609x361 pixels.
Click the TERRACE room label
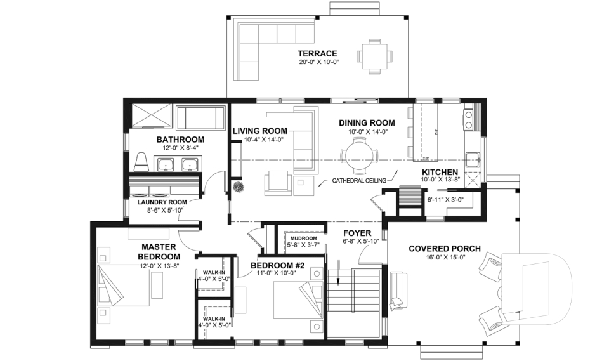pyautogui.click(x=318, y=53)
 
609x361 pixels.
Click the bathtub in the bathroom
pyautogui.click(x=201, y=119)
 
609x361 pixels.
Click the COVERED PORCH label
pyautogui.click(x=444, y=248)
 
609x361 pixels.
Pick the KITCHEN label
pyautogui.click(x=440, y=172)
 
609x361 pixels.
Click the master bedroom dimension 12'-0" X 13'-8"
pyautogui.click(x=158, y=266)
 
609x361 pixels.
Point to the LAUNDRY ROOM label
pyautogui.click(x=160, y=203)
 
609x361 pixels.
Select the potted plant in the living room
pyautogui.click(x=240, y=187)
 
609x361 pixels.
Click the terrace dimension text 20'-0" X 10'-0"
pyautogui.click(x=318, y=62)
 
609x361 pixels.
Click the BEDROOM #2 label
pyautogui.click(x=277, y=265)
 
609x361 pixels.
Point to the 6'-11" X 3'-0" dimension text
pyautogui.click(x=445, y=200)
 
